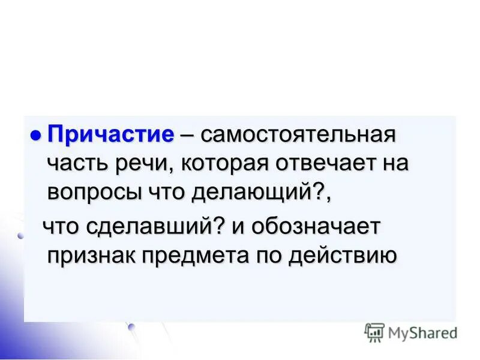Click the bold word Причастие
point(111,133)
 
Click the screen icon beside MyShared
point(374,332)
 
